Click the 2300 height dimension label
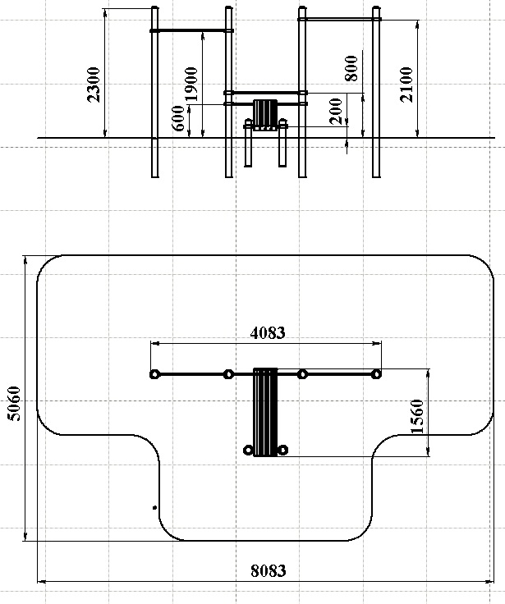(94, 85)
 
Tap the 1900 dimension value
(191, 85)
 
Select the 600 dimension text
(178, 118)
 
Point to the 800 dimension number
(351, 69)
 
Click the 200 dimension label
(336, 112)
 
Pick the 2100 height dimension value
(406, 85)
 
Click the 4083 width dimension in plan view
(268, 333)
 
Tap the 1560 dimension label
(417, 416)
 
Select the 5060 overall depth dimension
(14, 404)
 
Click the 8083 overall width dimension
(269, 570)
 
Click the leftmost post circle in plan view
(154, 374)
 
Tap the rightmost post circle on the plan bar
(376, 374)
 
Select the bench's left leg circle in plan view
(249, 450)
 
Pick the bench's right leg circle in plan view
(282, 450)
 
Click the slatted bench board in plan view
(265, 412)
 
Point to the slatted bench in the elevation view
(265, 115)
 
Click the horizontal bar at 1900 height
(191, 30)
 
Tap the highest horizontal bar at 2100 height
(340, 19)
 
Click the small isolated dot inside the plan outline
(154, 508)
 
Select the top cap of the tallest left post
(154, 7)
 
